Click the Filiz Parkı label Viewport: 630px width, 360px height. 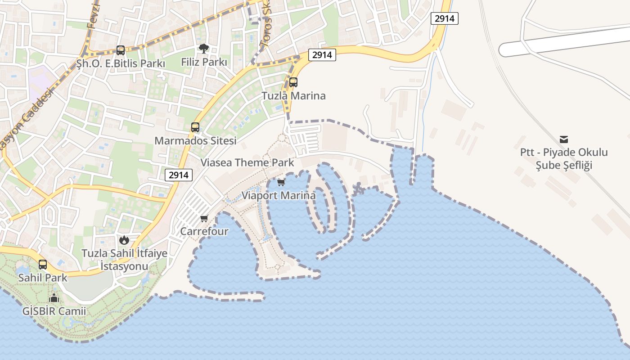click(204, 62)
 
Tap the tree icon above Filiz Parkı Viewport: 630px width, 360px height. click(204, 48)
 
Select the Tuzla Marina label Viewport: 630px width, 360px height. click(293, 96)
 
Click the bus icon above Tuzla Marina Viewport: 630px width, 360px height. click(293, 82)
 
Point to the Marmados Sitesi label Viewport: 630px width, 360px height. click(195, 140)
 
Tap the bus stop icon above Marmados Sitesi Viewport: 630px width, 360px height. click(195, 127)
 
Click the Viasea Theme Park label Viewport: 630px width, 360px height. click(247, 162)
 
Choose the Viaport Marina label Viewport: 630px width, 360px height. click(279, 196)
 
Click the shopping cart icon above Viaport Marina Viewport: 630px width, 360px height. click(281, 182)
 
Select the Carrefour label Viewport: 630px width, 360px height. click(204, 232)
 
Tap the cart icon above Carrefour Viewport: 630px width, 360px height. click(204, 219)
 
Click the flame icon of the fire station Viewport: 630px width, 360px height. click(124, 240)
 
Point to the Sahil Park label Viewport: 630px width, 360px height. click(43, 278)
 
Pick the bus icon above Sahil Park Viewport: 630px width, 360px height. click(43, 265)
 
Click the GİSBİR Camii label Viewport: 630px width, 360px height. click(54, 311)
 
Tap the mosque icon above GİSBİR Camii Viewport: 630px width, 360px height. click(54, 298)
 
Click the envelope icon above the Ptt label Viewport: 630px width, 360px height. click(564, 139)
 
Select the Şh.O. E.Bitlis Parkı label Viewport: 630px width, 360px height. click(121, 63)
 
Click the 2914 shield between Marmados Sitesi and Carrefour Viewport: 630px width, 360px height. click(179, 175)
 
